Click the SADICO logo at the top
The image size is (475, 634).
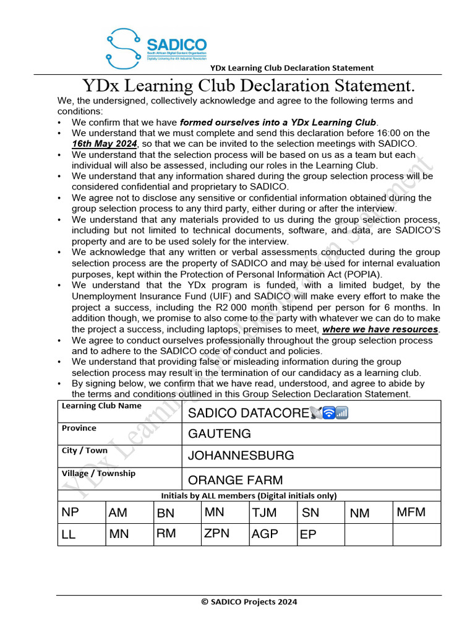point(156,48)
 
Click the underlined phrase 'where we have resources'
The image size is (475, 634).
point(380,329)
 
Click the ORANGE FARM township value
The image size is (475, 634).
point(235,480)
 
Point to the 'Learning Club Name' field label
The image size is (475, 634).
point(101,406)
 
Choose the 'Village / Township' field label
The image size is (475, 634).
point(98,474)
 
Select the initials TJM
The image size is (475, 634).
point(264,513)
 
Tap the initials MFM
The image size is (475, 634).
point(411,512)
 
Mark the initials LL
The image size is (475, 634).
point(69,535)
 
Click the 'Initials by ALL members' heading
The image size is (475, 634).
point(249,495)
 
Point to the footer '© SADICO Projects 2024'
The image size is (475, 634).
point(249,601)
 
